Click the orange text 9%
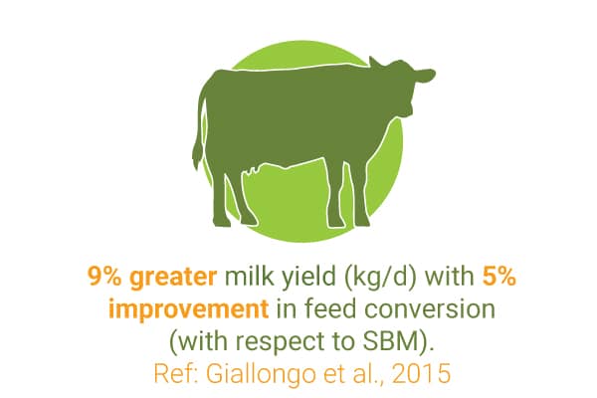(104, 276)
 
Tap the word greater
(173, 278)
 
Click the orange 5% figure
(499, 276)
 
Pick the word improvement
(189, 309)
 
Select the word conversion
(431, 309)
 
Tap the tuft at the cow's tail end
(198, 154)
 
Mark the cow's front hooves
(349, 223)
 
